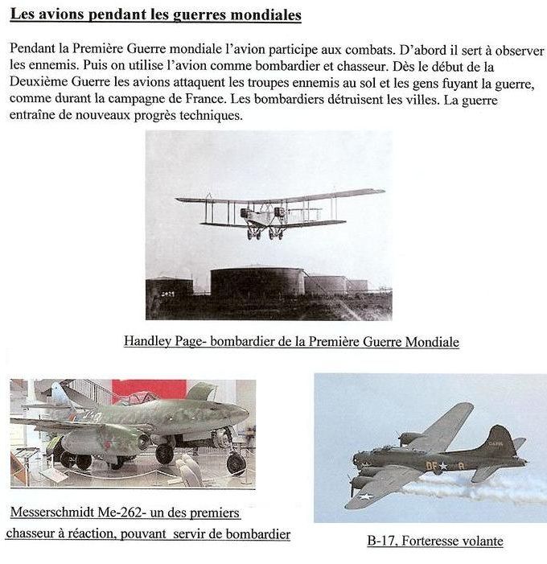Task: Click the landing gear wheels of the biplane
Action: click(265, 234)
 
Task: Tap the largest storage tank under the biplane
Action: click(257, 283)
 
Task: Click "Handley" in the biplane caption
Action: click(150, 342)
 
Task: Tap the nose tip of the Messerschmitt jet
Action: click(247, 416)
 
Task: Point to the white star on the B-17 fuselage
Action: click(442, 466)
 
